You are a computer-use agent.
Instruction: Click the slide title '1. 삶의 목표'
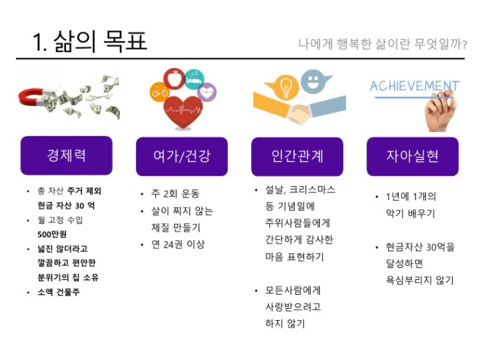pyautogui.click(x=90, y=41)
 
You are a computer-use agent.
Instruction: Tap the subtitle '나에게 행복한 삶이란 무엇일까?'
pyautogui.click(x=382, y=44)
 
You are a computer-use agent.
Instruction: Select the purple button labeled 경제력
pyautogui.click(x=67, y=156)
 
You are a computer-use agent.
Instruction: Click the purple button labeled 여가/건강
pyautogui.click(x=182, y=156)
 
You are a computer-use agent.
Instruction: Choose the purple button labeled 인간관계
pyautogui.click(x=298, y=156)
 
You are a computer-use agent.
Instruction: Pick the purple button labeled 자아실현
pyautogui.click(x=413, y=156)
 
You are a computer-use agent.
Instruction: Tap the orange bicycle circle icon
pyautogui.click(x=159, y=91)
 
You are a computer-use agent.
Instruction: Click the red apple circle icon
pyautogui.click(x=174, y=79)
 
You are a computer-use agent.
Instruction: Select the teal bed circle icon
pyautogui.click(x=194, y=79)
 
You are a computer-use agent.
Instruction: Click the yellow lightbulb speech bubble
pyautogui.click(x=284, y=86)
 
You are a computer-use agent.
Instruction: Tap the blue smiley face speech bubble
pyautogui.click(x=314, y=81)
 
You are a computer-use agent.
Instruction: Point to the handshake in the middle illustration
pyautogui.click(x=300, y=114)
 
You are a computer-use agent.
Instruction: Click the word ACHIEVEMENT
pyautogui.click(x=415, y=86)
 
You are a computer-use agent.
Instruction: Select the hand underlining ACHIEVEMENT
pyautogui.click(x=441, y=112)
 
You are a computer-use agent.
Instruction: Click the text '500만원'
pyautogui.click(x=52, y=234)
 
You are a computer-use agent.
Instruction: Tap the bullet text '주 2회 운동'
pyautogui.click(x=175, y=194)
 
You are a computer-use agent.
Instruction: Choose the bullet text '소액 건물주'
pyautogui.click(x=58, y=292)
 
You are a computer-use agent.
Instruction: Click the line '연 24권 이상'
pyautogui.click(x=178, y=244)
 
